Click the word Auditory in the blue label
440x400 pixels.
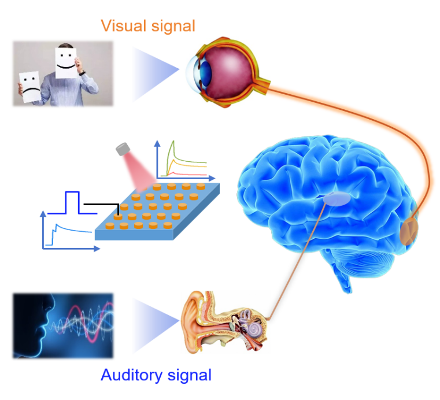129,375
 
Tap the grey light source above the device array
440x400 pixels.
123,149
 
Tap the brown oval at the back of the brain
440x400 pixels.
409,231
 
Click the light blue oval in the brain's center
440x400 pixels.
337,199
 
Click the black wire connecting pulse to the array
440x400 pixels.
102,205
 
